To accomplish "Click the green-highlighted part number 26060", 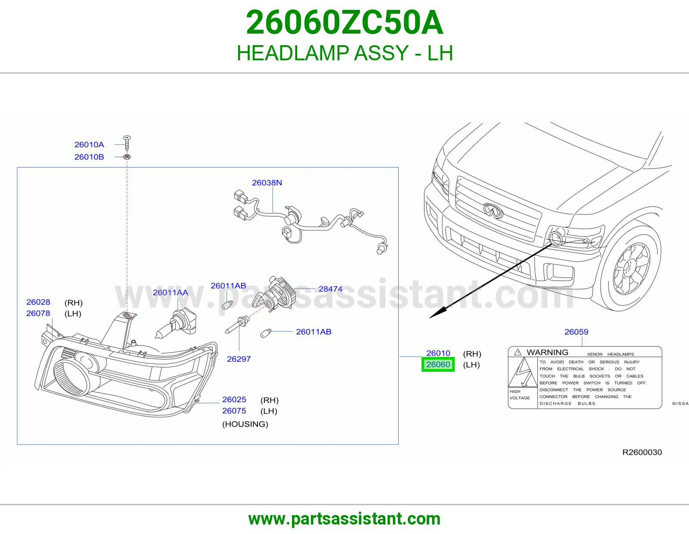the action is pyautogui.click(x=438, y=364).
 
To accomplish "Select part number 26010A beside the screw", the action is pyautogui.click(x=89, y=145).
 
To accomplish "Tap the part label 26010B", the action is pyautogui.click(x=89, y=157).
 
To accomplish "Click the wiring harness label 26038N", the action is pyautogui.click(x=267, y=183).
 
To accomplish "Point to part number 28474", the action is pyautogui.click(x=330, y=289).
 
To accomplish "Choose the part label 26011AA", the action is pyautogui.click(x=170, y=292).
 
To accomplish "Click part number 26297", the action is pyautogui.click(x=239, y=359).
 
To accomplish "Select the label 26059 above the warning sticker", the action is pyautogui.click(x=576, y=332).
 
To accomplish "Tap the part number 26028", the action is pyautogui.click(x=38, y=302).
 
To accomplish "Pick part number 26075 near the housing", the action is pyautogui.click(x=234, y=411).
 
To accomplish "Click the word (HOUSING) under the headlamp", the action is pyautogui.click(x=245, y=424).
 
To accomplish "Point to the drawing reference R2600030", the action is pyautogui.click(x=642, y=452).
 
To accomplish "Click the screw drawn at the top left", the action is pyautogui.click(x=127, y=143).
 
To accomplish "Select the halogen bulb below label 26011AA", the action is pyautogui.click(x=177, y=323).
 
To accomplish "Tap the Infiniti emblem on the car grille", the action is pyautogui.click(x=493, y=211).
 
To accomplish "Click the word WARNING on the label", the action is pyautogui.click(x=547, y=352).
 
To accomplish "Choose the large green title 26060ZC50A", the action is pyautogui.click(x=344, y=22).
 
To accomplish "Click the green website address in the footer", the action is pyautogui.click(x=344, y=519).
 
